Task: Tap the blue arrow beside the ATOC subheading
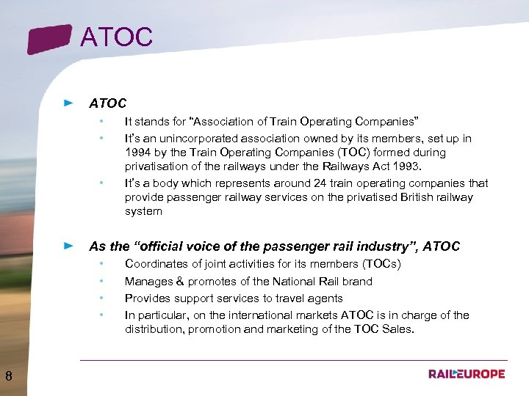69,103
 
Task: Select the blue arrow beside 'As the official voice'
69,246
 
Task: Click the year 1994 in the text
138,153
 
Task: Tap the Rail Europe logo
467,374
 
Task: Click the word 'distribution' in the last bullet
155,329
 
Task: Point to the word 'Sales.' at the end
399,329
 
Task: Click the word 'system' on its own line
143,211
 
